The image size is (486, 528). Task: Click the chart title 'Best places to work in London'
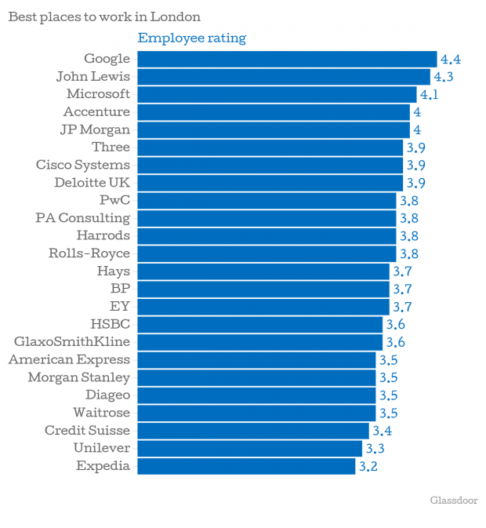pyautogui.click(x=103, y=16)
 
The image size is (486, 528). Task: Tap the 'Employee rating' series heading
pyautogui.click(x=191, y=38)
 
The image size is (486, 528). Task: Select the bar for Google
pyautogui.click(x=287, y=59)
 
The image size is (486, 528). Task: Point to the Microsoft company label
pyautogui.click(x=98, y=94)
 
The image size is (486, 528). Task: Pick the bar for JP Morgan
pyautogui.click(x=274, y=129)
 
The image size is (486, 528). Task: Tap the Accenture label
pyautogui.click(x=96, y=112)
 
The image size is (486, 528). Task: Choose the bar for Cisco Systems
pyautogui.click(x=270, y=165)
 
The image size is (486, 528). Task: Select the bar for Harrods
pyautogui.click(x=267, y=235)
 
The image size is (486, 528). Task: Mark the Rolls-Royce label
pyautogui.click(x=89, y=253)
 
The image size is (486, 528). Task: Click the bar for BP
pyautogui.click(x=263, y=289)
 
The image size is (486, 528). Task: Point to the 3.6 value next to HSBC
pyautogui.click(x=395, y=325)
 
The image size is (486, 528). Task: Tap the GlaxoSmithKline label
pyautogui.click(x=72, y=342)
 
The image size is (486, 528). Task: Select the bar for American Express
pyautogui.click(x=256, y=359)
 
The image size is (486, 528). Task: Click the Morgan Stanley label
pyautogui.click(x=78, y=377)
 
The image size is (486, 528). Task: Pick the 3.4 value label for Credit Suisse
pyautogui.click(x=382, y=431)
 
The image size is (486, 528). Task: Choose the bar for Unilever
pyautogui.click(x=250, y=448)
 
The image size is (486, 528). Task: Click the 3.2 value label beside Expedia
pyautogui.click(x=368, y=466)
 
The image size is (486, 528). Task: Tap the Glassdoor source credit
pyautogui.click(x=453, y=501)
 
